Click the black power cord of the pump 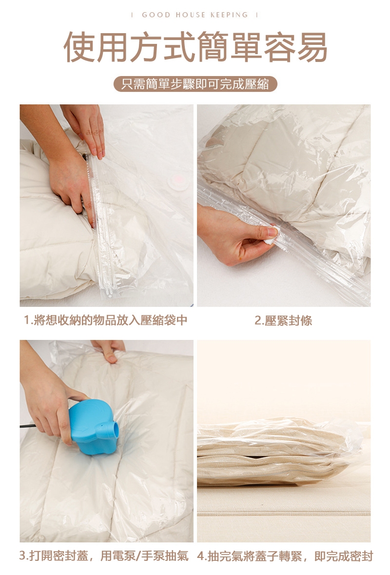point(28,426)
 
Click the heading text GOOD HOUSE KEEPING point(195,15)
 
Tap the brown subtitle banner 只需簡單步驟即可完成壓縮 point(195,84)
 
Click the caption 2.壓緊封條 point(283,320)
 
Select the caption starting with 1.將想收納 point(106,320)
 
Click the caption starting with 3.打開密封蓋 point(104,555)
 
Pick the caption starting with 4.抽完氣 point(285,555)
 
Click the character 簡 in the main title point(212,47)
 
